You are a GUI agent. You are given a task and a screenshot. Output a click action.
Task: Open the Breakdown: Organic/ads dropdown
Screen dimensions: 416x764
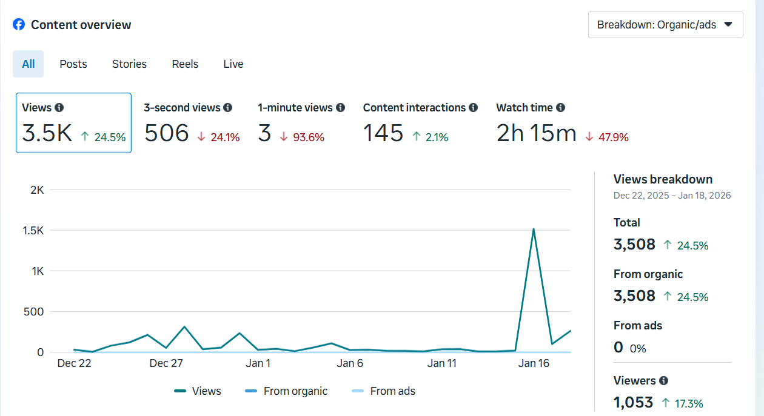665,25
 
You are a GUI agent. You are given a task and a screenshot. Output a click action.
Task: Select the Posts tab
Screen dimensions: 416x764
73,64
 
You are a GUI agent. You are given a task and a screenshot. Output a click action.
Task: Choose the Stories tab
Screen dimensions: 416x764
129,64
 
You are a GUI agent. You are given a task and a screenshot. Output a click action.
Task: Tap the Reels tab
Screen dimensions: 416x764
185,64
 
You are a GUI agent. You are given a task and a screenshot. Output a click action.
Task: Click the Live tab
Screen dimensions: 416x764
233,64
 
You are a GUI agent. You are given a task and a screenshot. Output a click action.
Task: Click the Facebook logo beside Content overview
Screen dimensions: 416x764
19,25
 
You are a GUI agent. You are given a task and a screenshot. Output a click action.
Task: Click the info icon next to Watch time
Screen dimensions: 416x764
560,108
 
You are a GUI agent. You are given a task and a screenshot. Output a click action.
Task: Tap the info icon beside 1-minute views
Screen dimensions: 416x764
340,108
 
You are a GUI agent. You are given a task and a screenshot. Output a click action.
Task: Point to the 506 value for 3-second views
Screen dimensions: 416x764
166,133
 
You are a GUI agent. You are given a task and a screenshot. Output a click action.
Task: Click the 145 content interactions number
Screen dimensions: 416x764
383,133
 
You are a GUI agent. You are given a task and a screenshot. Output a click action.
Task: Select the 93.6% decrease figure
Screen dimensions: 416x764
309,137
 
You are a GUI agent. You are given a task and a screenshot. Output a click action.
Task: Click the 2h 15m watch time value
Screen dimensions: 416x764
536,133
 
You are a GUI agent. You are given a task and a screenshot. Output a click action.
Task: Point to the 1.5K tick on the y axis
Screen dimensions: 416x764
33,231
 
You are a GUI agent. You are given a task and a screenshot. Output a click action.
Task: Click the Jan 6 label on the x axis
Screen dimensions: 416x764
350,363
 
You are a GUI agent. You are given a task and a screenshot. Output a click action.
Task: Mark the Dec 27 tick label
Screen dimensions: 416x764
166,363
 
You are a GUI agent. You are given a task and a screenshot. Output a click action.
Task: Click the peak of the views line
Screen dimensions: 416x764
533,229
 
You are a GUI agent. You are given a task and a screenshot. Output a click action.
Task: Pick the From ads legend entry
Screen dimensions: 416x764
384,391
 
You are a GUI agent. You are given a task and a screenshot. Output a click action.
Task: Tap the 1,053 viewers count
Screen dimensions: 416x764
633,402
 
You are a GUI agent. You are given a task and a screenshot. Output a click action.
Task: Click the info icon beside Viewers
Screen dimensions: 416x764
663,381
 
